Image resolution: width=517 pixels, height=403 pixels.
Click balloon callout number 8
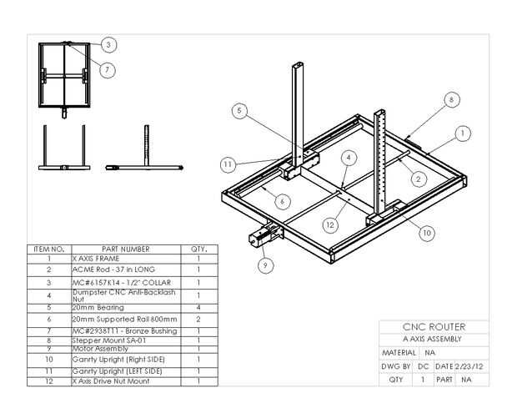tap(451, 99)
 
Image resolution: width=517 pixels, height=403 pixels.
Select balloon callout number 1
tap(464, 132)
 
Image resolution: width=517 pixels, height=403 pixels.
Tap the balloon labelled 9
tap(266, 266)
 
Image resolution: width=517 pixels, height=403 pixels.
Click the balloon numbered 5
tap(238, 109)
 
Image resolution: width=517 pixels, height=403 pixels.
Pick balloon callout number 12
tap(331, 224)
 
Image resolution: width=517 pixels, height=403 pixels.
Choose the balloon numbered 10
tap(426, 233)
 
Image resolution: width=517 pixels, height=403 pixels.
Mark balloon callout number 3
tap(109, 44)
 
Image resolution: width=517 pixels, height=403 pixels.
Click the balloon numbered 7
tap(108, 70)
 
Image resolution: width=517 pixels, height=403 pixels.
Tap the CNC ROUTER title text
tap(434, 327)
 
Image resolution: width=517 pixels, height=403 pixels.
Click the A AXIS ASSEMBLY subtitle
tap(432, 340)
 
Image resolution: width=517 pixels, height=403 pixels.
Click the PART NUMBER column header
tap(125, 249)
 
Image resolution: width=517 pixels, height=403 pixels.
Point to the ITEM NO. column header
tap(48, 249)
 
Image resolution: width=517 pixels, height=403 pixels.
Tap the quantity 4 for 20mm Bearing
tap(198, 308)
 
